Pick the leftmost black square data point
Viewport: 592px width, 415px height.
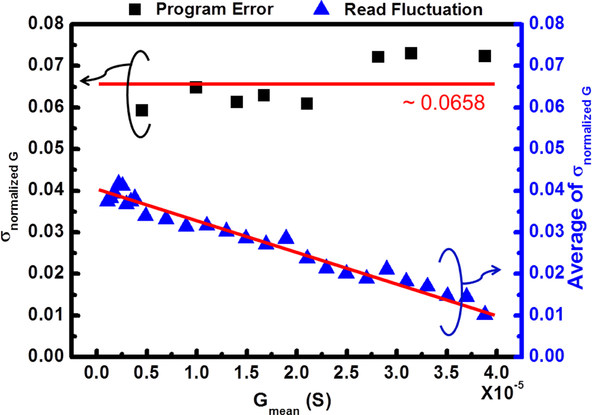pos(142,110)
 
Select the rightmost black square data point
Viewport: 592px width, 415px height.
pos(485,56)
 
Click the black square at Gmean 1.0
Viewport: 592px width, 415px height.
pos(196,88)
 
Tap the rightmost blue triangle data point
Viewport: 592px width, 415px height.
pos(485,313)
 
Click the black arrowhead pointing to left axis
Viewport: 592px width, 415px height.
pos(83,81)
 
